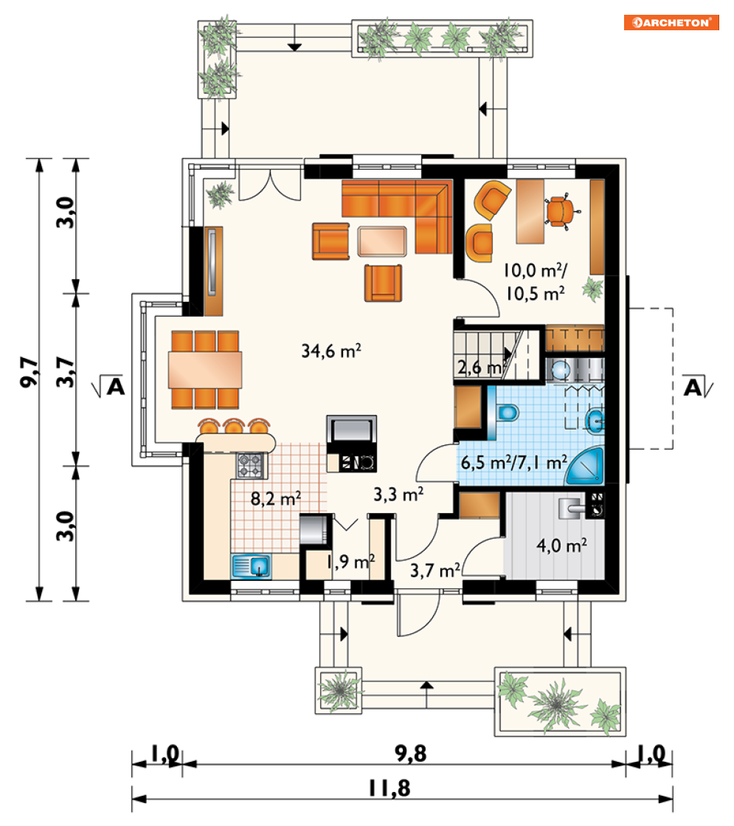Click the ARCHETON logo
tap(671, 23)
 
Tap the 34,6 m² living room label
tap(331, 351)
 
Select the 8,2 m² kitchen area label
tap(275, 498)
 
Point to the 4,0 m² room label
tap(562, 545)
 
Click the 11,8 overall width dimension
tap(389, 788)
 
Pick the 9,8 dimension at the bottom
tap(411, 754)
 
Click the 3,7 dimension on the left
tap(65, 372)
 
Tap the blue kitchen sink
tap(251, 567)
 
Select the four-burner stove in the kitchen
tap(249, 466)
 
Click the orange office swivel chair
tap(561, 211)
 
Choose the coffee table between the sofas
tap(382, 241)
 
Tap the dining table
tap(205, 370)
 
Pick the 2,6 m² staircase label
tap(479, 367)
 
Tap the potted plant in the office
tap(593, 290)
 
